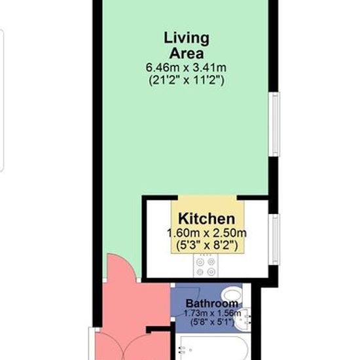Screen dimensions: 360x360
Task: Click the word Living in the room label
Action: [x=187, y=39]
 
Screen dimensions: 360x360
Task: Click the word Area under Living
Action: [x=187, y=53]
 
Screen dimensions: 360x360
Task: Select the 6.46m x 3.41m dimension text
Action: [x=186, y=67]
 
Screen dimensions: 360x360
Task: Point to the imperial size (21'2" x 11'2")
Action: [x=186, y=80]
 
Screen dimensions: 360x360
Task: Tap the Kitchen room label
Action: [x=207, y=219]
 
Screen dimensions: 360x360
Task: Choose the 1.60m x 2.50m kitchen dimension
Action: [x=207, y=233]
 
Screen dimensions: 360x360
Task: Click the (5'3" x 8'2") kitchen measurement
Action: [x=207, y=245]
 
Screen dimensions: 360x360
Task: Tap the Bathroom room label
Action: [x=212, y=304]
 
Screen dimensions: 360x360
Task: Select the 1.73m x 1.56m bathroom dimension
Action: [x=212, y=313]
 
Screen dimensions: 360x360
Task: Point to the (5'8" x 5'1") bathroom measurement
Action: [x=212, y=321]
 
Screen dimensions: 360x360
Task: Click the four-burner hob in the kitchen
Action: [x=206, y=266]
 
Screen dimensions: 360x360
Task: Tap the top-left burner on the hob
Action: [x=200, y=262]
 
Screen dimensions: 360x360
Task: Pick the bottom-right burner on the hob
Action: [x=211, y=272]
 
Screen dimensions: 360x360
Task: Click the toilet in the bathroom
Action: [x=232, y=295]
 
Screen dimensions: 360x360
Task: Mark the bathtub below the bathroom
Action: [x=214, y=348]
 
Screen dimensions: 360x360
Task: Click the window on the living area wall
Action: [x=274, y=124]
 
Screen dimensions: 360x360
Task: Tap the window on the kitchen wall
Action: [x=274, y=239]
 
